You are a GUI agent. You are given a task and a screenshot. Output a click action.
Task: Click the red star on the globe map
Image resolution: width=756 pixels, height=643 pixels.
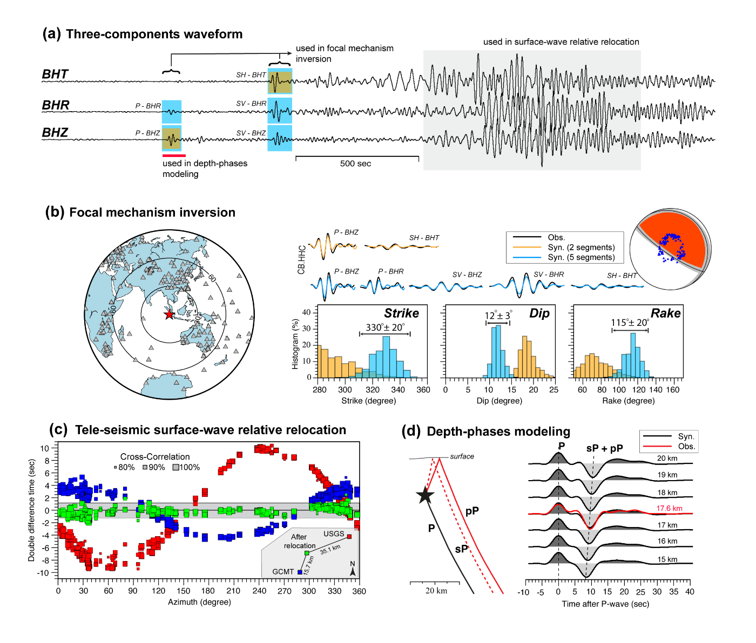coord(169,314)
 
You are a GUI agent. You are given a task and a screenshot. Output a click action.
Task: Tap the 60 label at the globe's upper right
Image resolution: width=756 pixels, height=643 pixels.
coord(212,278)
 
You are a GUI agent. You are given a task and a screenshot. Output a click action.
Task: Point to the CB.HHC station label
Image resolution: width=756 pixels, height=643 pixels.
coord(301,259)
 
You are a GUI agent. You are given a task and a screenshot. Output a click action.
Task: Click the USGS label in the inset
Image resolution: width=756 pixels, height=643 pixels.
coord(334,534)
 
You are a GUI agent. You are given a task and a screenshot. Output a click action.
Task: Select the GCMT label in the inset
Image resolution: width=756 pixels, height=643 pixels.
coord(283,572)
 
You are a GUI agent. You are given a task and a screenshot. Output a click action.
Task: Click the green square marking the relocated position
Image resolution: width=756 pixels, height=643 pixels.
coord(307,553)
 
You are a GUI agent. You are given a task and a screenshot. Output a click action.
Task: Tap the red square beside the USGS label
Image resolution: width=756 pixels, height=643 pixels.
coord(349,537)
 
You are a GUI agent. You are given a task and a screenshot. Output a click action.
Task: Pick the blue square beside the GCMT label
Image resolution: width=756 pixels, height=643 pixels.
coord(300,572)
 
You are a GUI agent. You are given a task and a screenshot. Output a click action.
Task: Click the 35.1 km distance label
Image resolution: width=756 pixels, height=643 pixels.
coord(330,550)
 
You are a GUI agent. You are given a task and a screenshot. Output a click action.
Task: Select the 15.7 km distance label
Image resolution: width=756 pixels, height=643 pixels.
coord(309,565)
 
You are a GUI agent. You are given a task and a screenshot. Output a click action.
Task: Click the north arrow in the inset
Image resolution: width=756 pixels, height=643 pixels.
coord(353,569)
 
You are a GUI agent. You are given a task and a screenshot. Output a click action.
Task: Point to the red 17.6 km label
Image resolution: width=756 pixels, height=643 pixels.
coord(669,509)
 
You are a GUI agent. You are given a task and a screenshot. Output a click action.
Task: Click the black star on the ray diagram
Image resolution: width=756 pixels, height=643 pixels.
coord(426,496)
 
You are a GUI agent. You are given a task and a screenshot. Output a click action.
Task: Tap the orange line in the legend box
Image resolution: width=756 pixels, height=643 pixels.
coord(526,247)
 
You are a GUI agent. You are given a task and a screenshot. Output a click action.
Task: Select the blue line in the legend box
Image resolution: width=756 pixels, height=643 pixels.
coord(526,257)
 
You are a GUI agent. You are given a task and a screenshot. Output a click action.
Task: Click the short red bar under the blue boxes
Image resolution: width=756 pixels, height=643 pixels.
coord(173,156)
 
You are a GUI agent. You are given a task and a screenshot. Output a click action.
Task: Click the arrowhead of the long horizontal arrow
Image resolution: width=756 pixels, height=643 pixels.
coord(290,53)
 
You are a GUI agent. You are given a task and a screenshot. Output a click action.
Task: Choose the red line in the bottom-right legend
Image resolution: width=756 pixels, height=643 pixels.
coord(657,446)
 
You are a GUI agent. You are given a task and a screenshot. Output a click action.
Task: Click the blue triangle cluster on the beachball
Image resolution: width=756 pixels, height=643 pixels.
coord(671,246)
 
